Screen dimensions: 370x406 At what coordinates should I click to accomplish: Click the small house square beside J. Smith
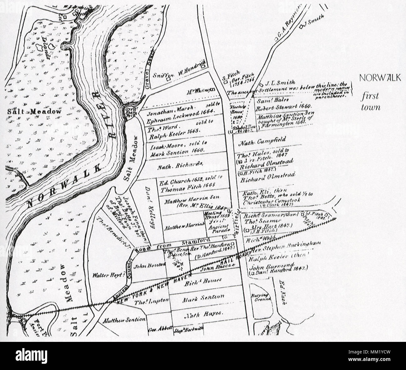click(x=301, y=27)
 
